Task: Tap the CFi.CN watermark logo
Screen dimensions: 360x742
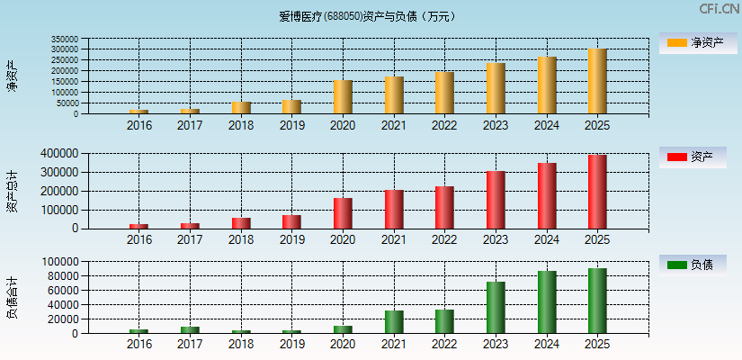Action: [x=719, y=9]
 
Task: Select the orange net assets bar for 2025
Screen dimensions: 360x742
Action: [x=597, y=81]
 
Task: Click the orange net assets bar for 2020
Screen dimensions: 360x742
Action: [x=343, y=97]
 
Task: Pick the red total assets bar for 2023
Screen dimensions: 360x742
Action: [x=496, y=200]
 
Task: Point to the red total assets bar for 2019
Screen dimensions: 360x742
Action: [x=291, y=221]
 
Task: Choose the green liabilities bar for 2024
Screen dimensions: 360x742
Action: [x=547, y=302]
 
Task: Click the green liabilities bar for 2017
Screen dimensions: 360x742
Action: [x=190, y=329]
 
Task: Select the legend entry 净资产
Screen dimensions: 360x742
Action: [x=693, y=43]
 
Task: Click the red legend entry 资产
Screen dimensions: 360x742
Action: [x=693, y=157]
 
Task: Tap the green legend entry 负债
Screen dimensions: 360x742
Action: [x=693, y=265]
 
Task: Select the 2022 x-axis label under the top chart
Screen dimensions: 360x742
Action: [x=444, y=125]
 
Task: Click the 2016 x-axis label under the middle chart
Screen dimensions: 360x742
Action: [x=139, y=239]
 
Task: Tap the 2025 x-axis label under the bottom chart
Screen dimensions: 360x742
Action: [x=597, y=345]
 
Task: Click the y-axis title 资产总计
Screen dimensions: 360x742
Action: [x=13, y=191]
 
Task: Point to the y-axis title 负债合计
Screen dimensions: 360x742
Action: [x=13, y=298]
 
